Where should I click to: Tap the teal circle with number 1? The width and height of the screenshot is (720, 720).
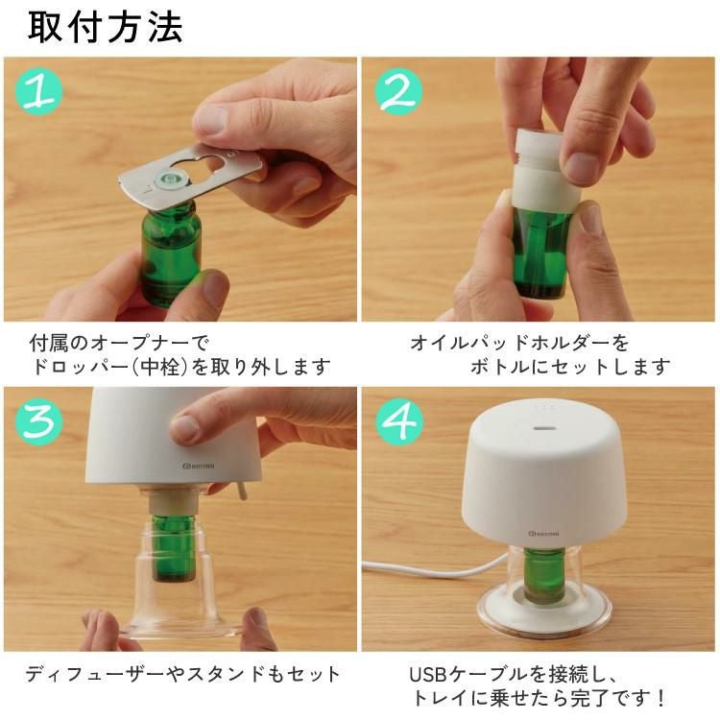[x=39, y=91]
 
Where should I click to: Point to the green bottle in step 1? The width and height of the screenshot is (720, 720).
[x=171, y=254]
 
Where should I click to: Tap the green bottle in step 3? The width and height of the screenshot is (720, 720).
[x=172, y=547]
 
